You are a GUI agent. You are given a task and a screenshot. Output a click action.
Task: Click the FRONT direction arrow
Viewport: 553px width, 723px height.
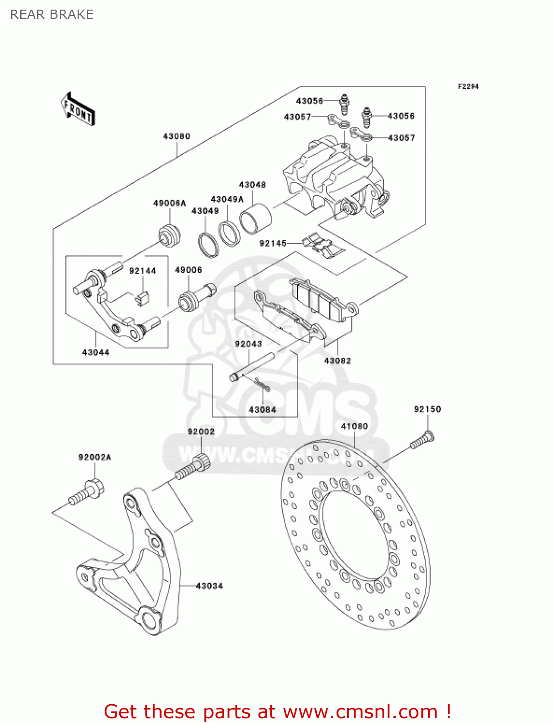(78, 109)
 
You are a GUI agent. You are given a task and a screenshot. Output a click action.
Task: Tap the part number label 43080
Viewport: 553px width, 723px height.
(176, 136)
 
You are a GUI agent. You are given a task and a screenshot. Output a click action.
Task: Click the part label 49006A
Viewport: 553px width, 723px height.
(169, 203)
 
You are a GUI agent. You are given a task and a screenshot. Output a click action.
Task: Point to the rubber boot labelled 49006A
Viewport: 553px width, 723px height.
(170, 235)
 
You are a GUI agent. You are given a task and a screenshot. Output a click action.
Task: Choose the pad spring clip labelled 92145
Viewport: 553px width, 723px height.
(323, 245)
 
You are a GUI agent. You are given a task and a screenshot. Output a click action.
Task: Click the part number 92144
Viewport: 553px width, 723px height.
(143, 271)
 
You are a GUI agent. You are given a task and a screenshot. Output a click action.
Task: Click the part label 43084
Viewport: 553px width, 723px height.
(262, 410)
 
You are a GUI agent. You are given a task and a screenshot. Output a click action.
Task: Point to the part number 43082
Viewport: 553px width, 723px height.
(337, 361)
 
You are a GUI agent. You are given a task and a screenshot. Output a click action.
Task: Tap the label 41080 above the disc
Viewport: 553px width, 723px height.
(354, 426)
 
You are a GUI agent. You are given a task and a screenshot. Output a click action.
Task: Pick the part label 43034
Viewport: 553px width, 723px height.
(210, 586)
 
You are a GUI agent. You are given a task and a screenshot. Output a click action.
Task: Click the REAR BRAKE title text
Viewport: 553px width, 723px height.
(52, 14)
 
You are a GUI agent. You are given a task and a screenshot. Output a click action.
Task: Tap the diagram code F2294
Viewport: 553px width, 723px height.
(468, 86)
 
